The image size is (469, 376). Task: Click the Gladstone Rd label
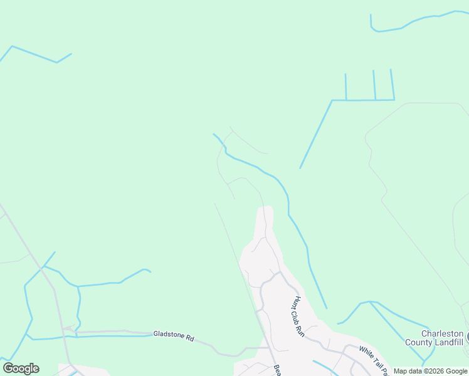coord(174,336)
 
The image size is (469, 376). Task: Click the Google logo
coord(21,368)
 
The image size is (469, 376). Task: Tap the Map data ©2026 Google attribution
coord(430,372)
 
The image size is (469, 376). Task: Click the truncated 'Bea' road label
coord(277,370)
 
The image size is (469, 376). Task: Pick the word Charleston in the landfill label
coord(442,333)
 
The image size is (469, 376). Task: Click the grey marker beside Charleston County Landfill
coord(467,338)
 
